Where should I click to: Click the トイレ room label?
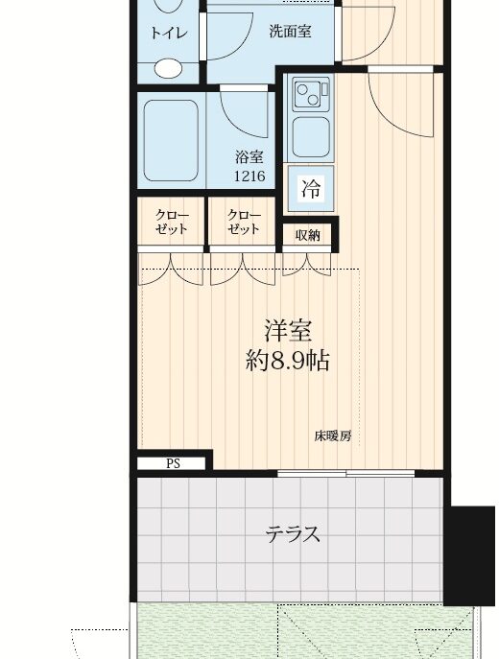pyautogui.click(x=169, y=33)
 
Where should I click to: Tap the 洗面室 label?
pyautogui.click(x=290, y=32)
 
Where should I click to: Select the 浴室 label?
pyautogui.click(x=249, y=156)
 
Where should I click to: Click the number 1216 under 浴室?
pyautogui.click(x=249, y=176)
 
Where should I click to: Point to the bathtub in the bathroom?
pyautogui.click(x=171, y=140)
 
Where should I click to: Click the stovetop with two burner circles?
pyautogui.click(x=312, y=95)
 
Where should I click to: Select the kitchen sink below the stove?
pyautogui.click(x=311, y=137)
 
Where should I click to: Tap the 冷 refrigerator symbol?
pyautogui.click(x=311, y=188)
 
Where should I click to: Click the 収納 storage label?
pyautogui.click(x=308, y=235)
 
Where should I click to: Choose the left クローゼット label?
pyautogui.click(x=171, y=222)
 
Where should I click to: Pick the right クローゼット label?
pyautogui.click(x=243, y=222)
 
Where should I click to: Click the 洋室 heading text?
pyautogui.click(x=288, y=330)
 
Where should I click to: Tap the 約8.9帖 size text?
pyautogui.click(x=287, y=360)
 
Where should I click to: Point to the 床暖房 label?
pyautogui.click(x=333, y=435)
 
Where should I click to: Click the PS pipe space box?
pyautogui.click(x=172, y=463)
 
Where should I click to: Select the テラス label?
pyautogui.click(x=293, y=534)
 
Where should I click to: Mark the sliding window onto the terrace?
pyautogui.click(x=346, y=474)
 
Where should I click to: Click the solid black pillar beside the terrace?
pyautogui.click(x=469, y=555)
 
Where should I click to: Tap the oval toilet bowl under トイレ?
pyautogui.click(x=168, y=68)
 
